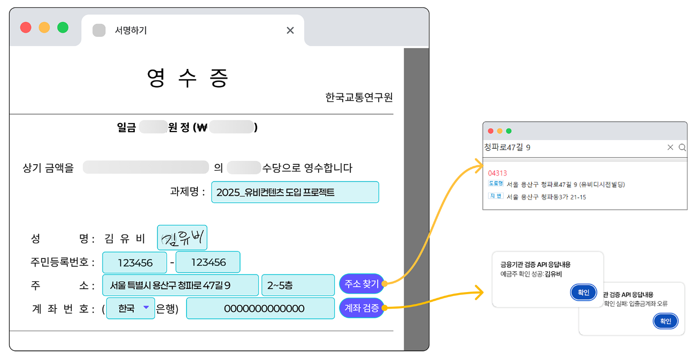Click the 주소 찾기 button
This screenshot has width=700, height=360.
pyautogui.click(x=361, y=284)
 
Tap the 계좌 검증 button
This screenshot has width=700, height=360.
pyautogui.click(x=361, y=308)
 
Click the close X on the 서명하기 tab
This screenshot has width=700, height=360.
pyautogui.click(x=290, y=30)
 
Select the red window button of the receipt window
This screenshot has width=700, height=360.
pyautogui.click(x=26, y=27)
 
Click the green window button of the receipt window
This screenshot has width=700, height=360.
pyautogui.click(x=63, y=27)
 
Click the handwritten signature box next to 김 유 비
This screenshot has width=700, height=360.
pyautogui.click(x=182, y=238)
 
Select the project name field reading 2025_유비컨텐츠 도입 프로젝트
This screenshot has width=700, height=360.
pyautogui.click(x=295, y=192)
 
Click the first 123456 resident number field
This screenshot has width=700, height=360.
pyautogui.click(x=135, y=263)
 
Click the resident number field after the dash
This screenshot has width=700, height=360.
pyautogui.click(x=208, y=262)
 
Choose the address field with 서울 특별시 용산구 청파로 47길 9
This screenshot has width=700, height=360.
pyautogui.click(x=180, y=285)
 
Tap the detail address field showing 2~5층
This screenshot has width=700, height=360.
pyautogui.click(x=298, y=285)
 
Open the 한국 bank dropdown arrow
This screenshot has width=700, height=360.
pyautogui.click(x=146, y=308)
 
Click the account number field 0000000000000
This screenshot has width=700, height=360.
pyautogui.click(x=260, y=309)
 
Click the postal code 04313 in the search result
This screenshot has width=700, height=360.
pyautogui.click(x=497, y=173)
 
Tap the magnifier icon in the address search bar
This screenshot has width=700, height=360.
pyautogui.click(x=682, y=148)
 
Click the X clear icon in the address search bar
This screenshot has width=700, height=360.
pyautogui.click(x=670, y=147)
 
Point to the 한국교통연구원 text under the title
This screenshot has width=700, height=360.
pyautogui.click(x=359, y=97)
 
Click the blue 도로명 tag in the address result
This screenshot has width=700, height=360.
pyautogui.click(x=496, y=183)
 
